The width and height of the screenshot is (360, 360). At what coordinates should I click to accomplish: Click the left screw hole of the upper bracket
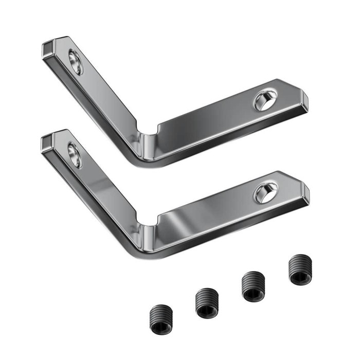[76, 62]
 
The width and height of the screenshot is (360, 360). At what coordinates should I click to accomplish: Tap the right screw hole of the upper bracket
[265, 99]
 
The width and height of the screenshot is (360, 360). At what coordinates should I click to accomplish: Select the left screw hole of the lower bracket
[75, 155]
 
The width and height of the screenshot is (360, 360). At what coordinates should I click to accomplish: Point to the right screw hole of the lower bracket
[265, 192]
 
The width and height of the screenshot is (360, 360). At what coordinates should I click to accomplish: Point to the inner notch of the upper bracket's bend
[147, 129]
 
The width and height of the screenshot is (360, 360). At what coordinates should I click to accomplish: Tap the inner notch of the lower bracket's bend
[147, 221]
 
